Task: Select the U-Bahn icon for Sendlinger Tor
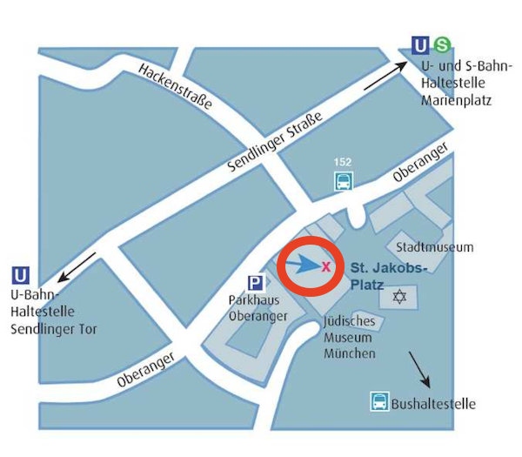(20, 275)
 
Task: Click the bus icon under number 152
(345, 182)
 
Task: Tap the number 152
(345, 163)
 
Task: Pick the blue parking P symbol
(256, 283)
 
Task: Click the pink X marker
(326, 267)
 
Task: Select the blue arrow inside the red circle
(300, 263)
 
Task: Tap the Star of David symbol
(399, 298)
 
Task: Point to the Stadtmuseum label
(435, 247)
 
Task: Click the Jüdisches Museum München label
(350, 337)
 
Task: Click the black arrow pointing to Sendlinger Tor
(77, 266)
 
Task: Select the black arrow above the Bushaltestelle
(418, 369)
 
